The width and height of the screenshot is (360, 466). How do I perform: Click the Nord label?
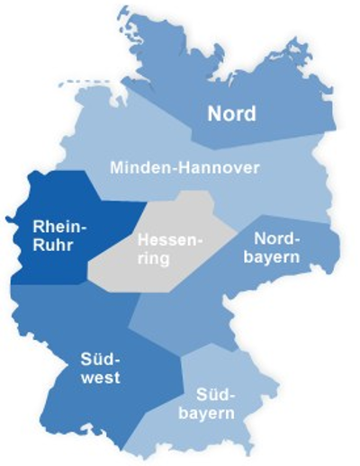[x=231, y=114]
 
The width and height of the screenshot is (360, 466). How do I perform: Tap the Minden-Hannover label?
[x=184, y=167]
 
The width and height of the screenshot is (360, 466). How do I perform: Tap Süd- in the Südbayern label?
[x=212, y=396]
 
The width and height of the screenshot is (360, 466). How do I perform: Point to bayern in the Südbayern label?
[x=212, y=414]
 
